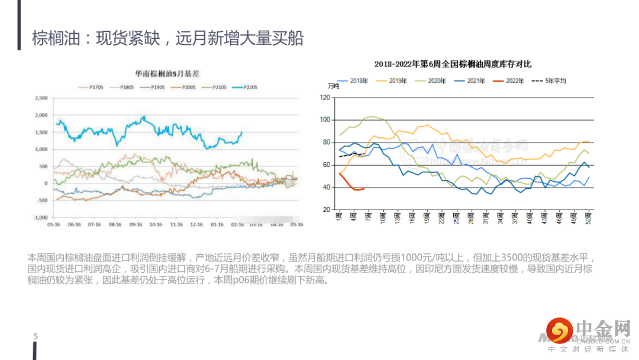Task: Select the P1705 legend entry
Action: pos(91,88)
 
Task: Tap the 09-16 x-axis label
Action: pos(135,225)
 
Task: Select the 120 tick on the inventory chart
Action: pos(324,97)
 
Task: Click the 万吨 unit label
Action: pos(334,87)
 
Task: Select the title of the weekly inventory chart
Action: pos(453,64)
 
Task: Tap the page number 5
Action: pos(35,337)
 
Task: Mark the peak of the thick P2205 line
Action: pos(144,117)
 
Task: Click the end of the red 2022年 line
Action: pos(363,189)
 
